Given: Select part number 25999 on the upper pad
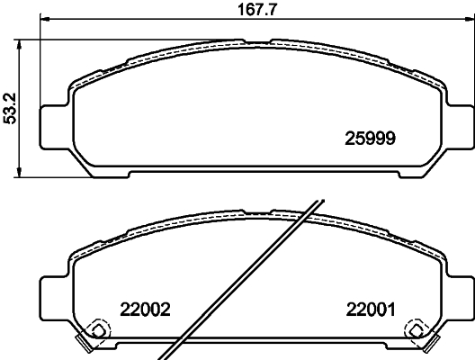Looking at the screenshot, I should coord(372,138).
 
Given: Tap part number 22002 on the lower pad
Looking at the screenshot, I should coord(145,309).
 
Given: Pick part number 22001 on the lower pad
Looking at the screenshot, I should coord(370,309).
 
